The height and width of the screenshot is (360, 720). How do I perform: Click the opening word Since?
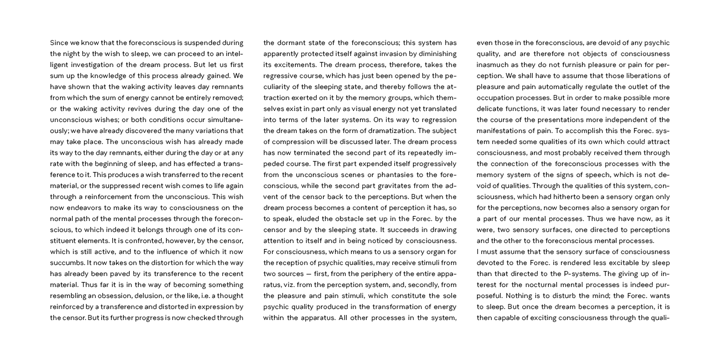pyautogui.click(x=59, y=43)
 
